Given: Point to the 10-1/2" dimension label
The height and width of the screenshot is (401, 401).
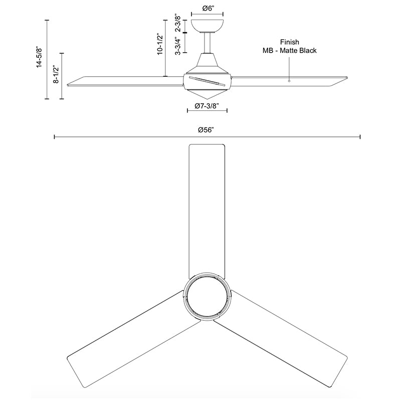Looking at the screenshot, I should coord(159,44).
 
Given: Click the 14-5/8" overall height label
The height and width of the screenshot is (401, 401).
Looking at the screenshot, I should coord(39,60).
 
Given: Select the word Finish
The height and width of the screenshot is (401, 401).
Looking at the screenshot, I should coord(290,43).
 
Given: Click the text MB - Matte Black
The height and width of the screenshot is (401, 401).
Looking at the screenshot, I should coord(289,51).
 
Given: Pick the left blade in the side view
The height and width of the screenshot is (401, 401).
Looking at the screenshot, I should coord(125,81).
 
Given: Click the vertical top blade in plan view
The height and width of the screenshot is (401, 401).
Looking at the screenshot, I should coord(207,211).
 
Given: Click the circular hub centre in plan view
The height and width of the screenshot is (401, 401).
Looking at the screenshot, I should coord(207,297).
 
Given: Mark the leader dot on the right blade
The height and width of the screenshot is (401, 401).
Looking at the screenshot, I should coord(289,80).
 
